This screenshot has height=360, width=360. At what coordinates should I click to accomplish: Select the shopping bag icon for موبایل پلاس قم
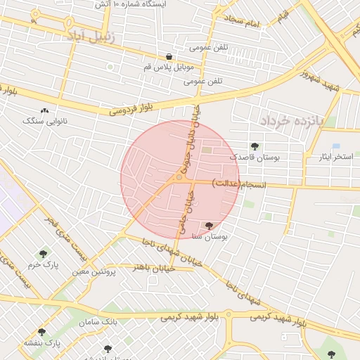(x=169, y=56)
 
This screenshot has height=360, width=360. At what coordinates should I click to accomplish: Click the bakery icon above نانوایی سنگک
(x=45, y=110)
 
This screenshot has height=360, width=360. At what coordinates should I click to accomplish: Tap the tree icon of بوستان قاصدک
(x=254, y=146)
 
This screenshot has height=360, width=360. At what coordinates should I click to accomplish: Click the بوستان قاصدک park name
(x=255, y=157)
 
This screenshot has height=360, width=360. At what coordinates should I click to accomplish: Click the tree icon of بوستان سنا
(x=209, y=226)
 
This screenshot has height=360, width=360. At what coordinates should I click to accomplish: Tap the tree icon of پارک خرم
(x=44, y=253)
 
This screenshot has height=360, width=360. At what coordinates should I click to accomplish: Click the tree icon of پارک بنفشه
(x=41, y=332)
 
